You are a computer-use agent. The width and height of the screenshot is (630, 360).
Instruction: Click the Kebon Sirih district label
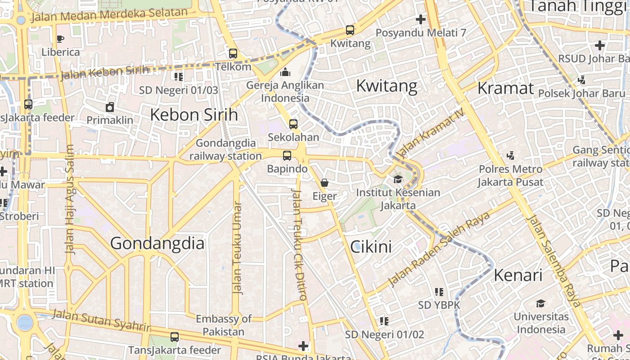[x=193, y=115]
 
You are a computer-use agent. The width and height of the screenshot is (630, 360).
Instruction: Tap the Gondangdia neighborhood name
[x=157, y=243]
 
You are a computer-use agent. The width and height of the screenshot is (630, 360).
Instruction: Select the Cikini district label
[x=371, y=247]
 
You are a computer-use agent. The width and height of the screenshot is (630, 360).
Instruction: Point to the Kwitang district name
[x=387, y=85]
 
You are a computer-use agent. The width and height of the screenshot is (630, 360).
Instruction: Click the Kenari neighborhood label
[x=518, y=275]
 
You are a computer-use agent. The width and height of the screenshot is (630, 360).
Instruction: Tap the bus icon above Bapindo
[x=287, y=156]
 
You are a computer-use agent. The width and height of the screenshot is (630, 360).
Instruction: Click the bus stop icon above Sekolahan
[x=293, y=124]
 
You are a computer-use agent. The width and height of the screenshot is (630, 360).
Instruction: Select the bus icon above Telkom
[x=233, y=54]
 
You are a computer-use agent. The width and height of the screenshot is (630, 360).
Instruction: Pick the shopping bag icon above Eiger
[x=324, y=183]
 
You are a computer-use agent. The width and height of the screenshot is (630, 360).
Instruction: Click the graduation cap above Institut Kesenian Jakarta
[x=398, y=180]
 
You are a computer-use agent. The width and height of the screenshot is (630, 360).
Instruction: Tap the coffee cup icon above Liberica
[x=60, y=39]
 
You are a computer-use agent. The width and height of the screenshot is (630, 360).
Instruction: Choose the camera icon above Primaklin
[x=110, y=107]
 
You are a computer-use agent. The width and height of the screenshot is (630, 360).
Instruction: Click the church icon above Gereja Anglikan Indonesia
[x=285, y=72]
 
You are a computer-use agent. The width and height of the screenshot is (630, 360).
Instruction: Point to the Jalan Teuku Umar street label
[x=237, y=247]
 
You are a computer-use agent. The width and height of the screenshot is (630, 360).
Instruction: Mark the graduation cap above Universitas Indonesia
[x=540, y=303]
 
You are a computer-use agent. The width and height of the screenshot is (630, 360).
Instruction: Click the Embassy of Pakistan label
[x=224, y=325]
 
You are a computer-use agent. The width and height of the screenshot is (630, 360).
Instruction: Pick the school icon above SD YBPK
[x=439, y=292]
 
